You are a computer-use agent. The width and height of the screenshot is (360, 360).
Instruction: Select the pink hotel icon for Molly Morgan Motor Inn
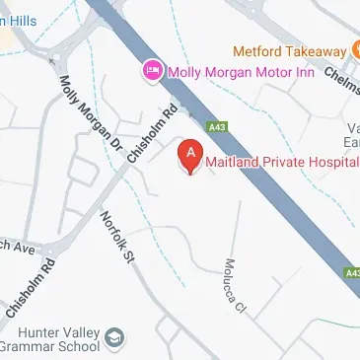(x=152, y=70)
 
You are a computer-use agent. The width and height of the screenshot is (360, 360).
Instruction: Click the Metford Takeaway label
(x=289, y=50)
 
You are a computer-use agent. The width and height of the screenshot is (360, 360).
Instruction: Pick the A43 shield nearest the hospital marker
(x=217, y=127)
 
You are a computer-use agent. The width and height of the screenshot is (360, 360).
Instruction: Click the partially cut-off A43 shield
(x=353, y=272)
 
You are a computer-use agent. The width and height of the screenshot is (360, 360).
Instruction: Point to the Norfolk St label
(x=116, y=237)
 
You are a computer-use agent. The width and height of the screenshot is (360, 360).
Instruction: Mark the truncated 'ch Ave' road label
(x=18, y=246)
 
